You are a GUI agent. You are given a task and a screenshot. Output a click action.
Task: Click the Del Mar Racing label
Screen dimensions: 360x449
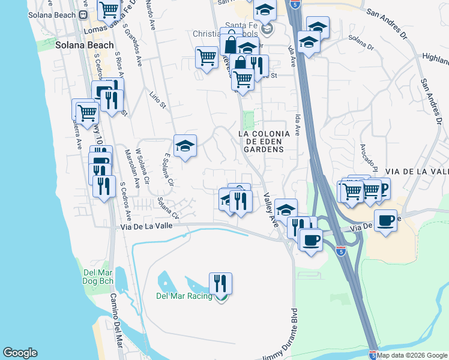(x=184, y=296)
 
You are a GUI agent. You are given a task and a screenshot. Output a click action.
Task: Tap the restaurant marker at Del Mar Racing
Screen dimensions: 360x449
(x=220, y=283)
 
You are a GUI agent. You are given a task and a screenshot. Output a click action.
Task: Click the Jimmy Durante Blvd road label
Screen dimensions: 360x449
(x=284, y=336)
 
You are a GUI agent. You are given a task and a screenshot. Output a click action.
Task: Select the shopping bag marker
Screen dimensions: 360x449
(x=231, y=43)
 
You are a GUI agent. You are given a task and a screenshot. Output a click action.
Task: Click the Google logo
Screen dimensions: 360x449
(x=20, y=353)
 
